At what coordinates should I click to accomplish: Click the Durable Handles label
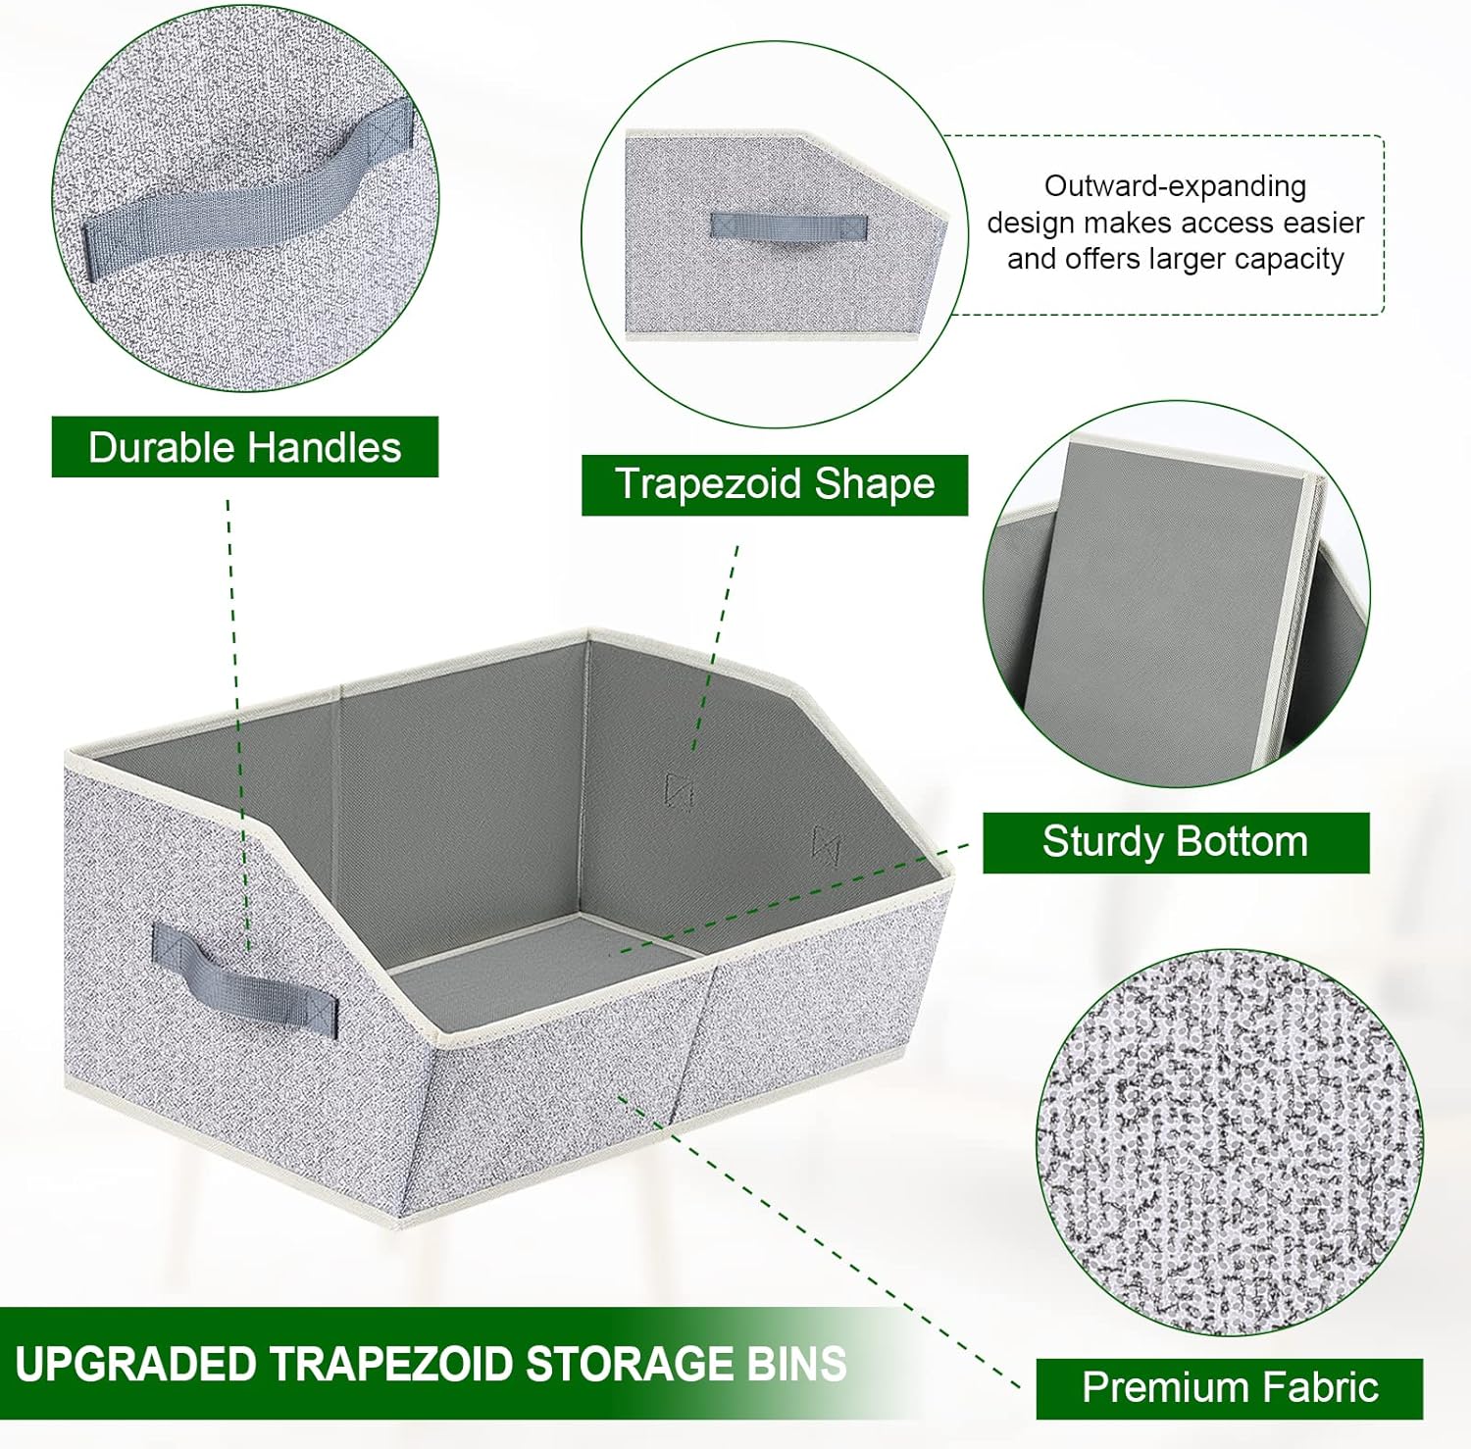coord(244,447)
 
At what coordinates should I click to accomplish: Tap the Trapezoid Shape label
coord(775,484)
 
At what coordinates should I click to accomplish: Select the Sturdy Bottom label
coord(1175,842)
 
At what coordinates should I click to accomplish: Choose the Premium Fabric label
coord(1230,1387)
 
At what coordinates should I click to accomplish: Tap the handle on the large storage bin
coord(245,975)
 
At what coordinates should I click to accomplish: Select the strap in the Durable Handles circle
coord(245,196)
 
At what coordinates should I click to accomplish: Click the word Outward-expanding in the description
coord(1175,186)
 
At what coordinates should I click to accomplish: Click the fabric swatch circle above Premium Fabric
coord(1230,1142)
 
